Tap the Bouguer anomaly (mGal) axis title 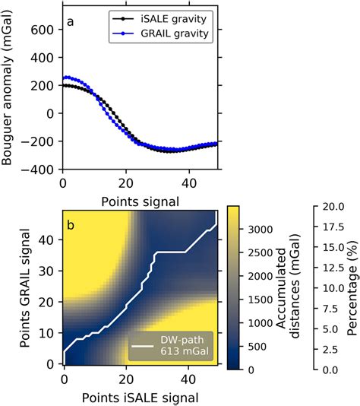tap(11, 91)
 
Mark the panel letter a tap(70, 22)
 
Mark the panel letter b tap(70, 226)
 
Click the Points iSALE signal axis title tap(141, 396)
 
